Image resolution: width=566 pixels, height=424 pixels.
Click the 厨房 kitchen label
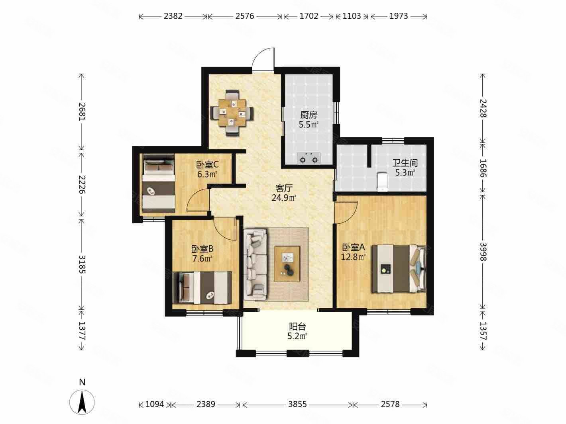click(309, 115)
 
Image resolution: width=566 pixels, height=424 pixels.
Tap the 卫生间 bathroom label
click(405, 163)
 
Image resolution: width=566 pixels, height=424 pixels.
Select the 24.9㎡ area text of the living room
click(284, 198)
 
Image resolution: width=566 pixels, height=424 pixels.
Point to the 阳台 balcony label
click(297, 326)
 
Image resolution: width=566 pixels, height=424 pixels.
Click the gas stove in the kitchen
click(309, 158)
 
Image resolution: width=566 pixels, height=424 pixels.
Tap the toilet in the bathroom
click(382, 182)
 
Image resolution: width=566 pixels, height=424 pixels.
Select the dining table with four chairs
click(232, 113)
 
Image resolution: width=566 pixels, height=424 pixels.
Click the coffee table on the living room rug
click(287, 264)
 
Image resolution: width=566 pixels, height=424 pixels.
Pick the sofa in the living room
click(255, 265)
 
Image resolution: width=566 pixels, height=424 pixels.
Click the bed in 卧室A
click(399, 269)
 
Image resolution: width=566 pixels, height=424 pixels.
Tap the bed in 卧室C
click(159, 183)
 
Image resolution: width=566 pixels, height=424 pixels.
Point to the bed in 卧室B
click(202, 287)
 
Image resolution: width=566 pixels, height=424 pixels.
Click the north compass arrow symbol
click(82, 402)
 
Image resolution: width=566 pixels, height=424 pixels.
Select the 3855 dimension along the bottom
click(297, 404)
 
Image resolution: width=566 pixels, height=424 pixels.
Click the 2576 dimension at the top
click(245, 16)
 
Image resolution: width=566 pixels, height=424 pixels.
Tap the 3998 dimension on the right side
click(483, 252)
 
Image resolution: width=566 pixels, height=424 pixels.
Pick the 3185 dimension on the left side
click(82, 264)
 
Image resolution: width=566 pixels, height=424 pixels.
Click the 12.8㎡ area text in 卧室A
click(354, 257)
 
